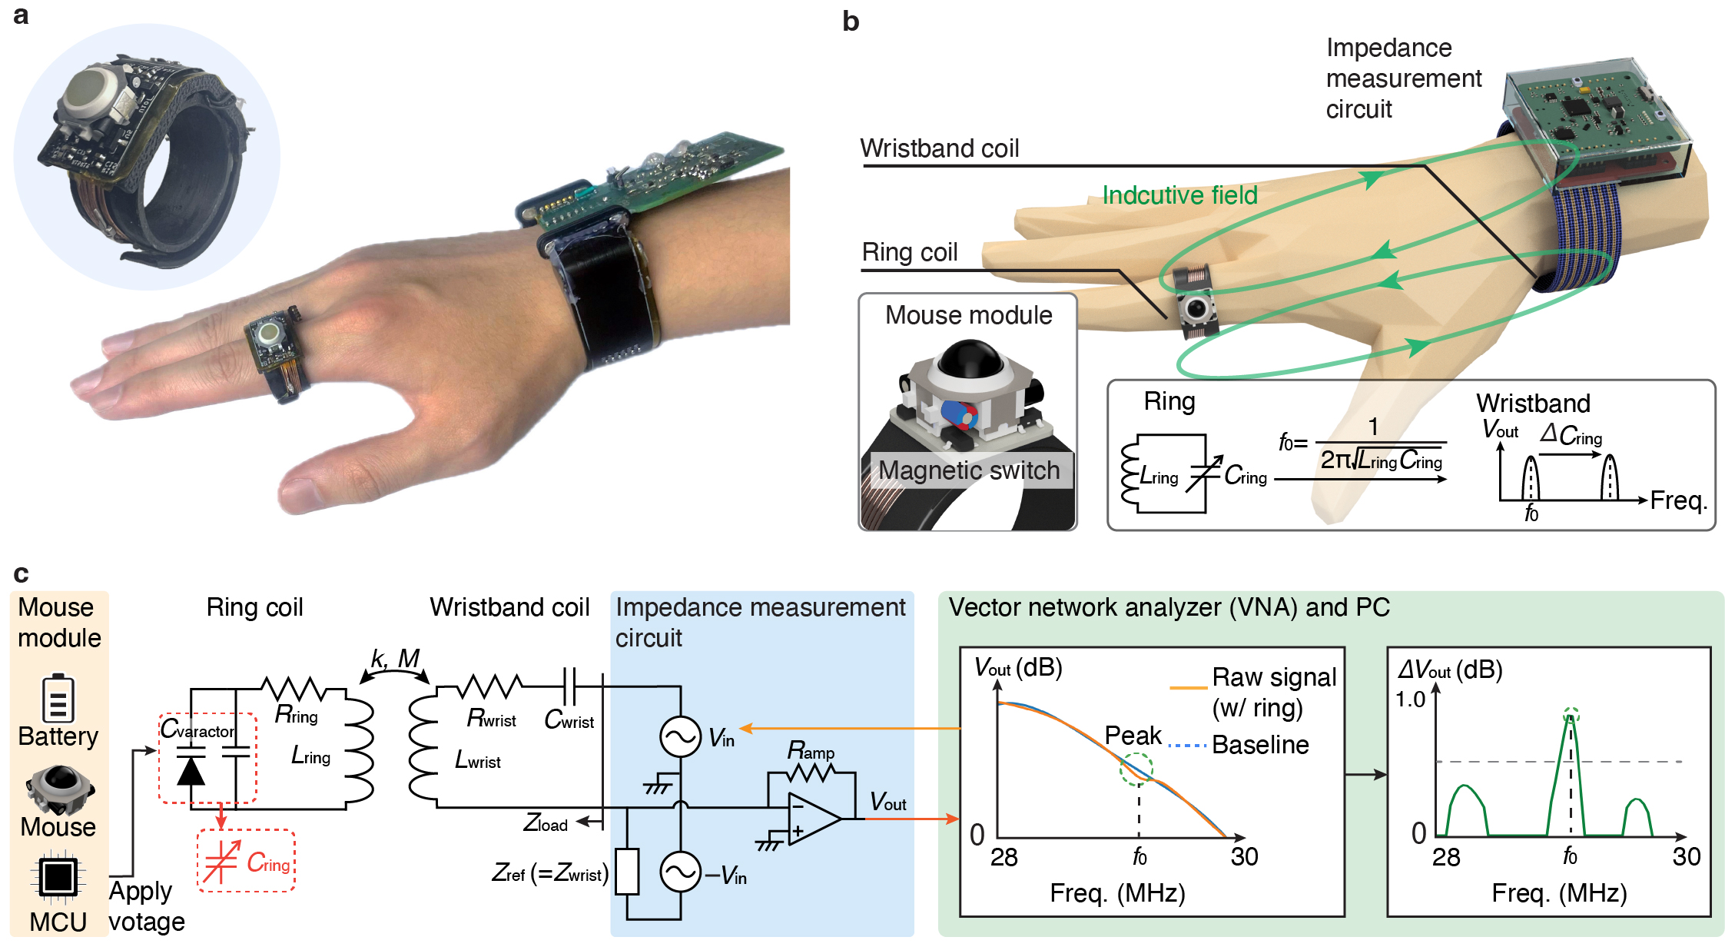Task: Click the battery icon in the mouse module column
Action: point(58,698)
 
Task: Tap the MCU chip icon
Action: point(58,876)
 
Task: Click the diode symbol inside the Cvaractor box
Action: point(191,769)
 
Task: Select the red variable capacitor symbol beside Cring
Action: point(221,862)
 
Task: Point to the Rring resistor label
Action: point(297,715)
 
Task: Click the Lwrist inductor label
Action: point(477,760)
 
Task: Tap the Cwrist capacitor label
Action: point(569,720)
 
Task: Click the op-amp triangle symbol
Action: point(813,819)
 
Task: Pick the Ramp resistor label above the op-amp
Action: point(811,750)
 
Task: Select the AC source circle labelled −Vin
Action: point(680,872)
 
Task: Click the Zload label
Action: point(546,823)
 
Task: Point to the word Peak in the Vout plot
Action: point(1133,736)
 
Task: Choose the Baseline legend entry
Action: point(1260,745)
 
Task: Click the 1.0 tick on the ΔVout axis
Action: point(1410,699)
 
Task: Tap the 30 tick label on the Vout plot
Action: point(1244,856)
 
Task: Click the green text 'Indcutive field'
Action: point(1179,195)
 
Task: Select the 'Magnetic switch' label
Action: point(969,470)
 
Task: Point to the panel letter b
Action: point(851,22)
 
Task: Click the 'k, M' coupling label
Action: point(396,659)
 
